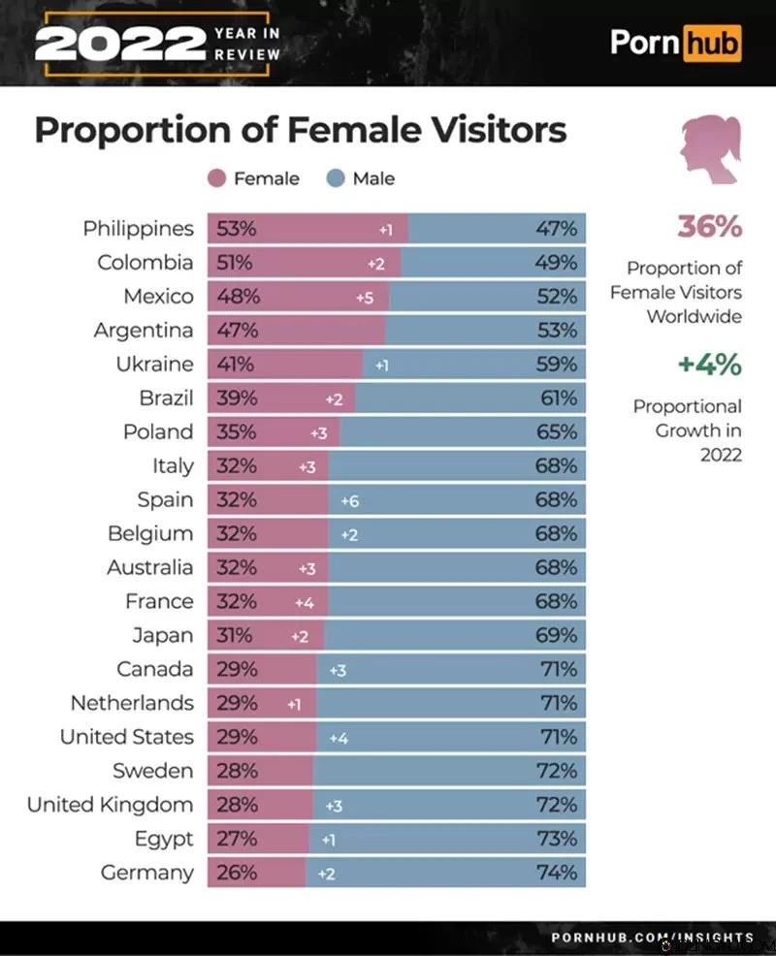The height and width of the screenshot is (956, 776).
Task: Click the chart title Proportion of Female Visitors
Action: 301,130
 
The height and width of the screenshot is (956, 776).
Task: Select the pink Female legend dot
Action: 217,178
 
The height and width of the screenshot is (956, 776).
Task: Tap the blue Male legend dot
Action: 337,178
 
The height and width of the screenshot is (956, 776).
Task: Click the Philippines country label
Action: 138,229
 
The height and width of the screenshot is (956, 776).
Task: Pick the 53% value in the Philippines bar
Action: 237,229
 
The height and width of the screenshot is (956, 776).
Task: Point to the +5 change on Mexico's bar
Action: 364,298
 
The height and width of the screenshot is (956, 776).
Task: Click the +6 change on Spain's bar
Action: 350,501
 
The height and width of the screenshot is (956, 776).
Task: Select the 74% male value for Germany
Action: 557,873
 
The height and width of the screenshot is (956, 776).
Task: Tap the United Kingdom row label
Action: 110,805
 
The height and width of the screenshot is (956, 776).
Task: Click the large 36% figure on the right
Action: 708,227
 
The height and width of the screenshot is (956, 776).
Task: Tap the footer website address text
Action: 652,938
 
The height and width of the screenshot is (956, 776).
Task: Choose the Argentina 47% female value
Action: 237,331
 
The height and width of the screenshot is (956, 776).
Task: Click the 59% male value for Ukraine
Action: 557,365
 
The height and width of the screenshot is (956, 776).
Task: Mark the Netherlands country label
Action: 132,703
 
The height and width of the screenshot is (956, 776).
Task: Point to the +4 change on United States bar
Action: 339,738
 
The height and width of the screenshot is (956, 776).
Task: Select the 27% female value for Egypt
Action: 237,839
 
